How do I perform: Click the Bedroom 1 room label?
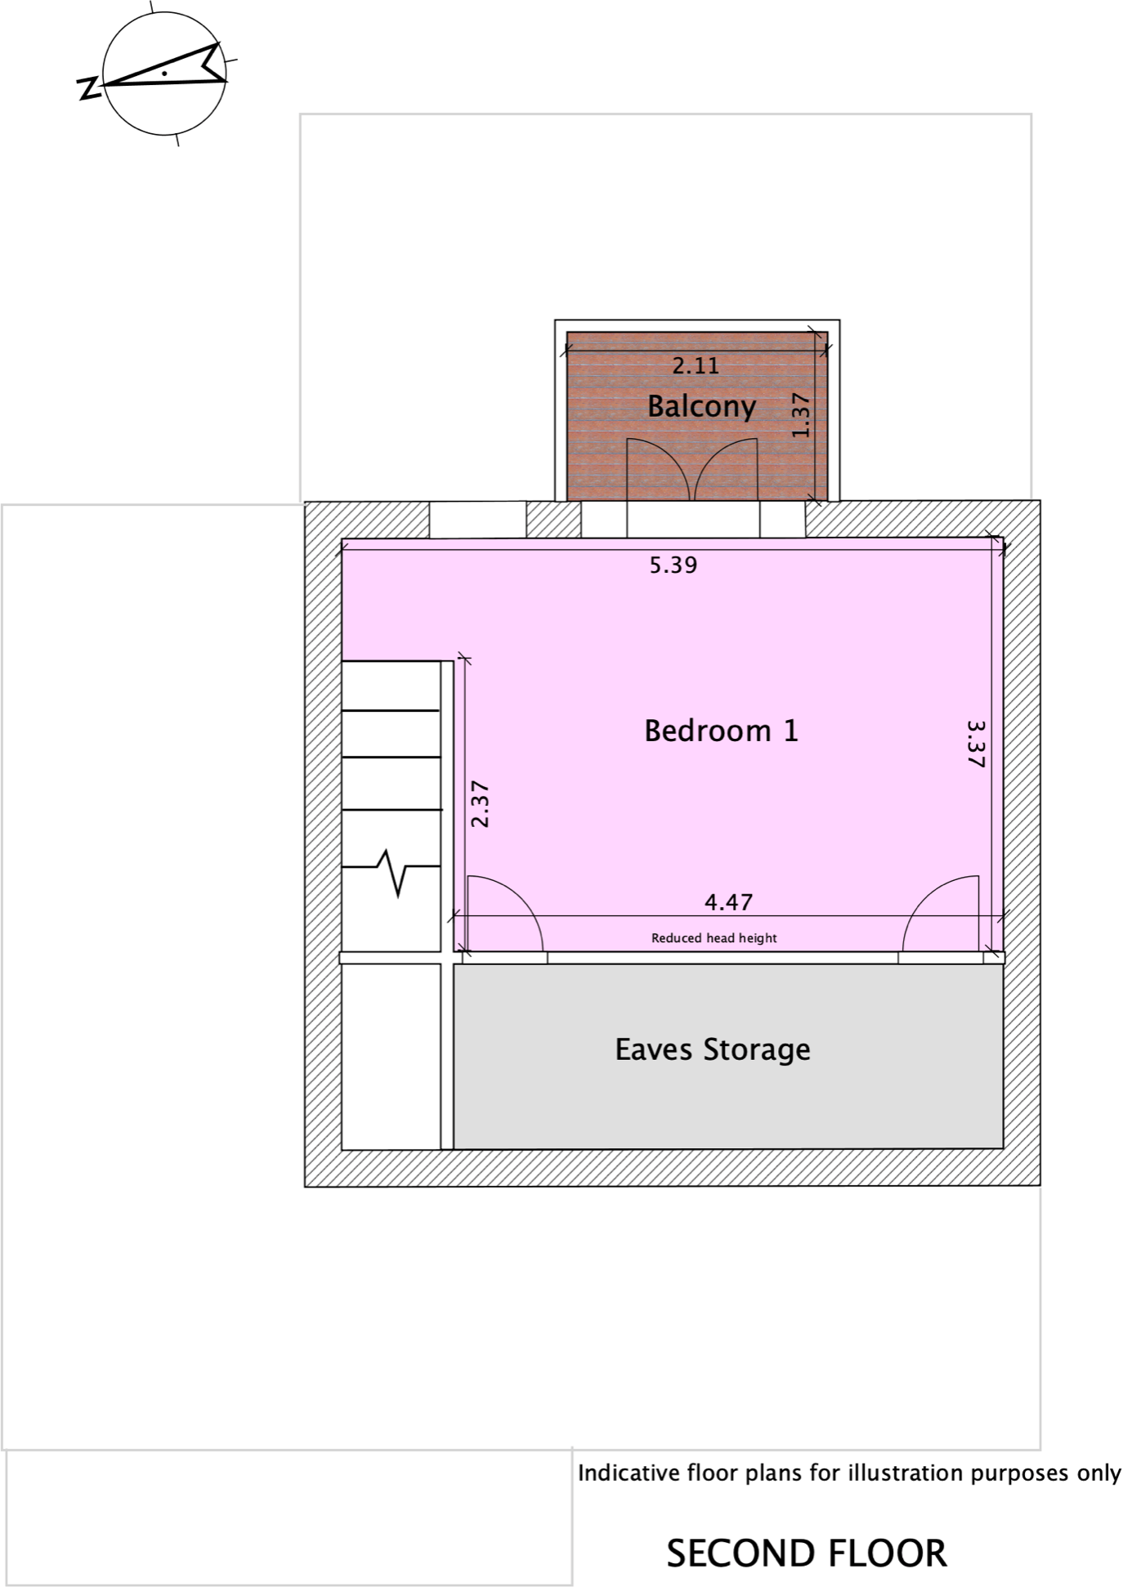coord(720,731)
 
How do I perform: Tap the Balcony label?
coord(701,406)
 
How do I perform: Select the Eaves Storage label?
coord(712,1049)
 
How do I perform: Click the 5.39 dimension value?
coord(673,566)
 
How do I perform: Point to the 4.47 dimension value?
coord(728,902)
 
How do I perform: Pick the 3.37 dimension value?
coord(976,744)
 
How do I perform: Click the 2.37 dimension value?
coord(481,805)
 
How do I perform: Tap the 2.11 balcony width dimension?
coord(696,366)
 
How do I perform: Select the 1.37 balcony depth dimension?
coord(801,415)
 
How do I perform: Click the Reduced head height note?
coord(714,938)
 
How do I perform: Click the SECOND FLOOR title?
coord(807,1553)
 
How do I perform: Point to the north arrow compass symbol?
coord(164,74)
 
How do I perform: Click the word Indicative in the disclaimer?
coord(629,1473)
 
